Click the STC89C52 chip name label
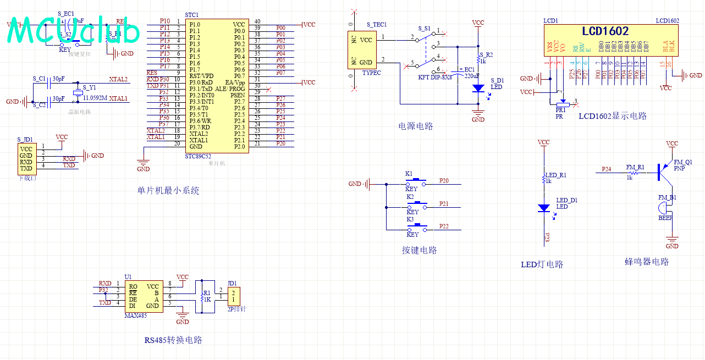point(199,157)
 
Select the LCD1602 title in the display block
point(605,31)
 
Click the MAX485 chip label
point(136,315)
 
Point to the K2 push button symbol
point(417,204)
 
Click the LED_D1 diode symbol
point(543,208)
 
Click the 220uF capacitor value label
point(472,76)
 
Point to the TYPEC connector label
point(372,73)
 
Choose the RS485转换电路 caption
point(173,340)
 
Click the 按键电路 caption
point(419,250)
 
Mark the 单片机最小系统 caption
point(168,191)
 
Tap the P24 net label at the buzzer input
point(606,169)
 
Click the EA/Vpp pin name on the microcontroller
point(235,82)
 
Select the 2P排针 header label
point(236,309)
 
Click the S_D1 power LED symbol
point(478,88)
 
